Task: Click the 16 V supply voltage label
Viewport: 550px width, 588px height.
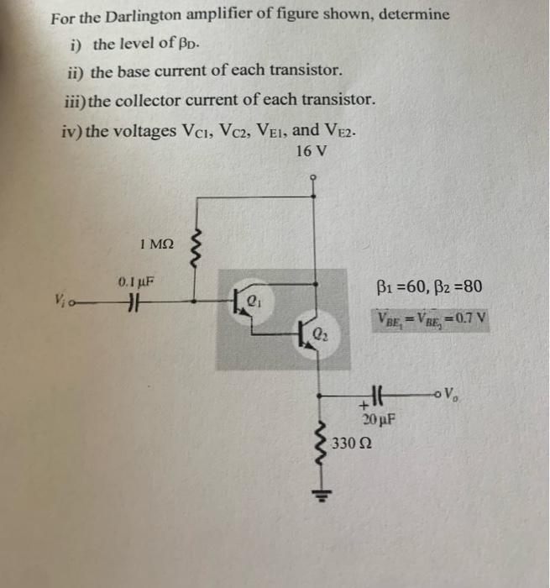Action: click(x=311, y=151)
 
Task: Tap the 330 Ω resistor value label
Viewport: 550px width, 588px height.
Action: click(x=350, y=443)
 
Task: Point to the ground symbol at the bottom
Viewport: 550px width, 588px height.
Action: click(x=317, y=494)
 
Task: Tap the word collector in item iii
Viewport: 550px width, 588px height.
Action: click(x=156, y=100)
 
